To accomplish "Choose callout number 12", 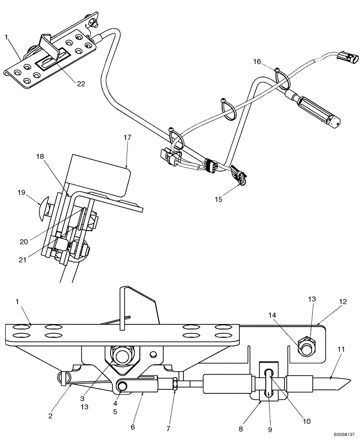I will point(342,302).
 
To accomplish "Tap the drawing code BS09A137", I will point(343,434).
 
